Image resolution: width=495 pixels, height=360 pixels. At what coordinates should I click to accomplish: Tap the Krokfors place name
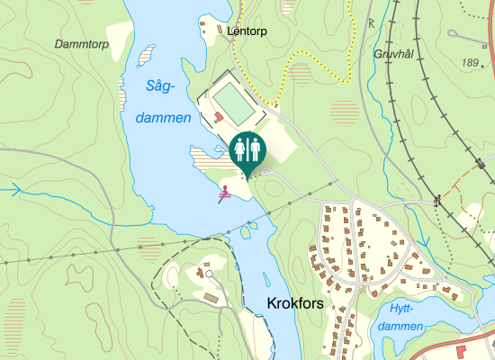click(x=295, y=304)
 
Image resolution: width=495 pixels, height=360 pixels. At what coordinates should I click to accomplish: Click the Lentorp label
click(x=248, y=30)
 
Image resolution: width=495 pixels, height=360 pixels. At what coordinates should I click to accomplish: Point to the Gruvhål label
click(x=392, y=54)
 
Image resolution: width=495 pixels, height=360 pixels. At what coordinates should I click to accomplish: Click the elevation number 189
click(x=470, y=62)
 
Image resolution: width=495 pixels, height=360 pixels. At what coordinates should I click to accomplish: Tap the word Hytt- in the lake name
click(x=397, y=306)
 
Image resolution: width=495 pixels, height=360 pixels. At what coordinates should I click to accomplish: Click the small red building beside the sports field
click(x=219, y=116)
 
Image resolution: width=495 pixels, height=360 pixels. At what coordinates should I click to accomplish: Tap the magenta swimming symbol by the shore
click(x=225, y=191)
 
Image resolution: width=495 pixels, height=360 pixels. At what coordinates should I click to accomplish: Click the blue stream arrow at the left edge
click(x=13, y=190)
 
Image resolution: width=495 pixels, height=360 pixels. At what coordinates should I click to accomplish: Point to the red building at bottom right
click(x=461, y=350)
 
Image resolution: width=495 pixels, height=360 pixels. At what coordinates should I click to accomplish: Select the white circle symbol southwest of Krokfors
click(x=209, y=273)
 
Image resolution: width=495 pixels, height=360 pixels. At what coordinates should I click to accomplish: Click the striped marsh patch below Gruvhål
click(x=345, y=112)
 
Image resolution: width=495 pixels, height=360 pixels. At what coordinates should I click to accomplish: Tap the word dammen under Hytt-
click(x=400, y=325)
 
